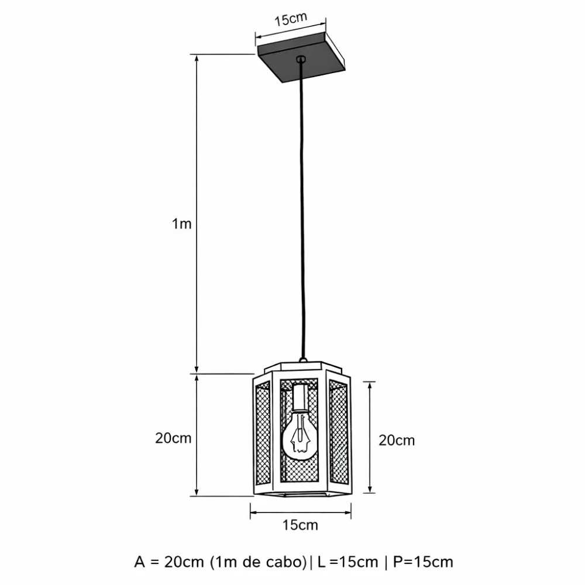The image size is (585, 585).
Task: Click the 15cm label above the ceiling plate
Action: pos(291,20)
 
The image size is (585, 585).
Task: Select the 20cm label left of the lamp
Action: pos(173,438)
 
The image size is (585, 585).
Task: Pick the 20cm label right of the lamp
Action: pos(397,441)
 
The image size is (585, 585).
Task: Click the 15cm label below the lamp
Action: pos(300,525)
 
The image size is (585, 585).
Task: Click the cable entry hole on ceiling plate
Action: pos(301,58)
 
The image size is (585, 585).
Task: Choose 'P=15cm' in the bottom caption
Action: pos(422,562)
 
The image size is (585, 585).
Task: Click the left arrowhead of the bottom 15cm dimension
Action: pos(253,514)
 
